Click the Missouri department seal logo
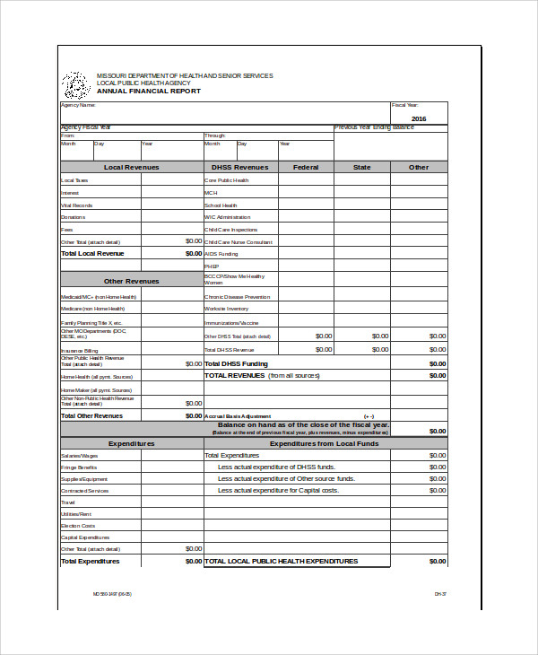pyautogui.click(x=74, y=85)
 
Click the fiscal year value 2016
pyautogui.click(x=419, y=118)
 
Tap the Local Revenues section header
pyautogui.click(x=132, y=167)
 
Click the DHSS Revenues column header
pyautogui.click(x=239, y=167)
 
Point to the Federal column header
pyautogui.click(x=306, y=167)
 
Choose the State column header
pyautogui.click(x=361, y=167)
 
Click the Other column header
pyautogui.click(x=419, y=167)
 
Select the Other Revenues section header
pyautogui.click(x=132, y=281)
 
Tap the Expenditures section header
pyautogui.click(x=132, y=443)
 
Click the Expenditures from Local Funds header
pyautogui.click(x=324, y=443)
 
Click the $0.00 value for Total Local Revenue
pyautogui.click(x=194, y=254)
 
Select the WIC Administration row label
pyautogui.click(x=228, y=217)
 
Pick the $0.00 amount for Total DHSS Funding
pyautogui.click(x=437, y=363)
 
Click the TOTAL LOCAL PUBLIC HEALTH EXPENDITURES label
pyautogui.click(x=282, y=561)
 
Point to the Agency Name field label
pyautogui.click(x=77, y=105)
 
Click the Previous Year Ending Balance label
pyautogui.click(x=374, y=127)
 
